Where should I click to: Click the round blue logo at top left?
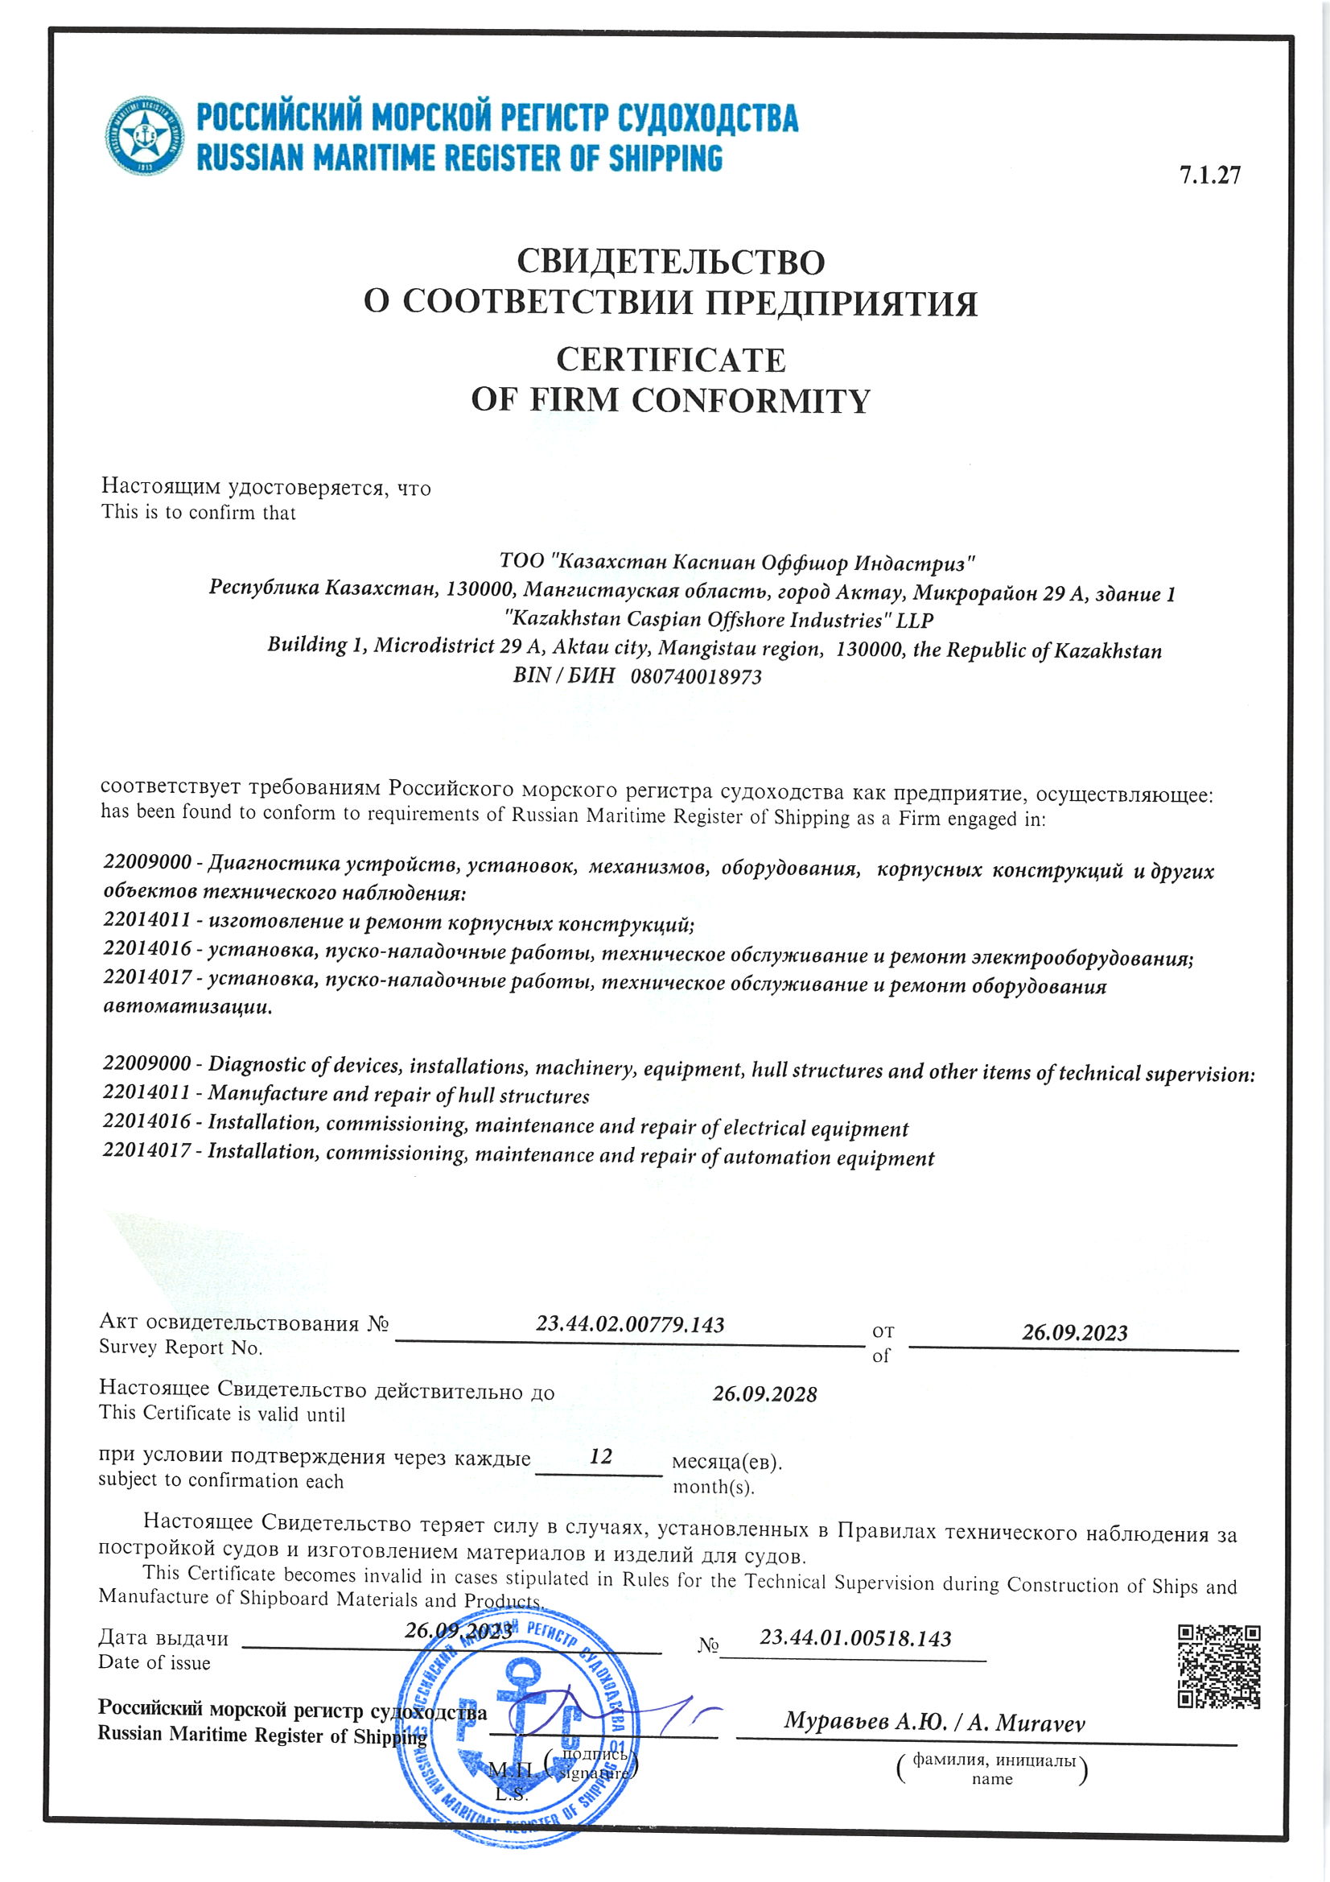click(x=145, y=135)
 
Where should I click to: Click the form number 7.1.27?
click(x=1209, y=175)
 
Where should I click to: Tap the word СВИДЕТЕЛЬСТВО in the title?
click(x=669, y=262)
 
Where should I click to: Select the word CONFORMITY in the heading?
click(x=750, y=401)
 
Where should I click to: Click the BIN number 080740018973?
click(x=696, y=677)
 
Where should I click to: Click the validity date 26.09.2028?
click(x=764, y=1394)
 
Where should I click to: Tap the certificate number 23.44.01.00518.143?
click(x=854, y=1639)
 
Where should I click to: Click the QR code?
click(x=1217, y=1667)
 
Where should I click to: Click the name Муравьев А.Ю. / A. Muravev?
click(x=933, y=1722)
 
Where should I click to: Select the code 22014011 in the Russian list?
click(x=146, y=920)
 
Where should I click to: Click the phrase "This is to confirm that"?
click(x=198, y=513)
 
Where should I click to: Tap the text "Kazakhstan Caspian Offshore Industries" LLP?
click(x=719, y=620)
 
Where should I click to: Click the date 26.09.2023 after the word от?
click(x=1073, y=1333)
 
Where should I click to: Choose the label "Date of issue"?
click(x=154, y=1663)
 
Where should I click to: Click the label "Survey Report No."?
click(x=180, y=1348)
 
